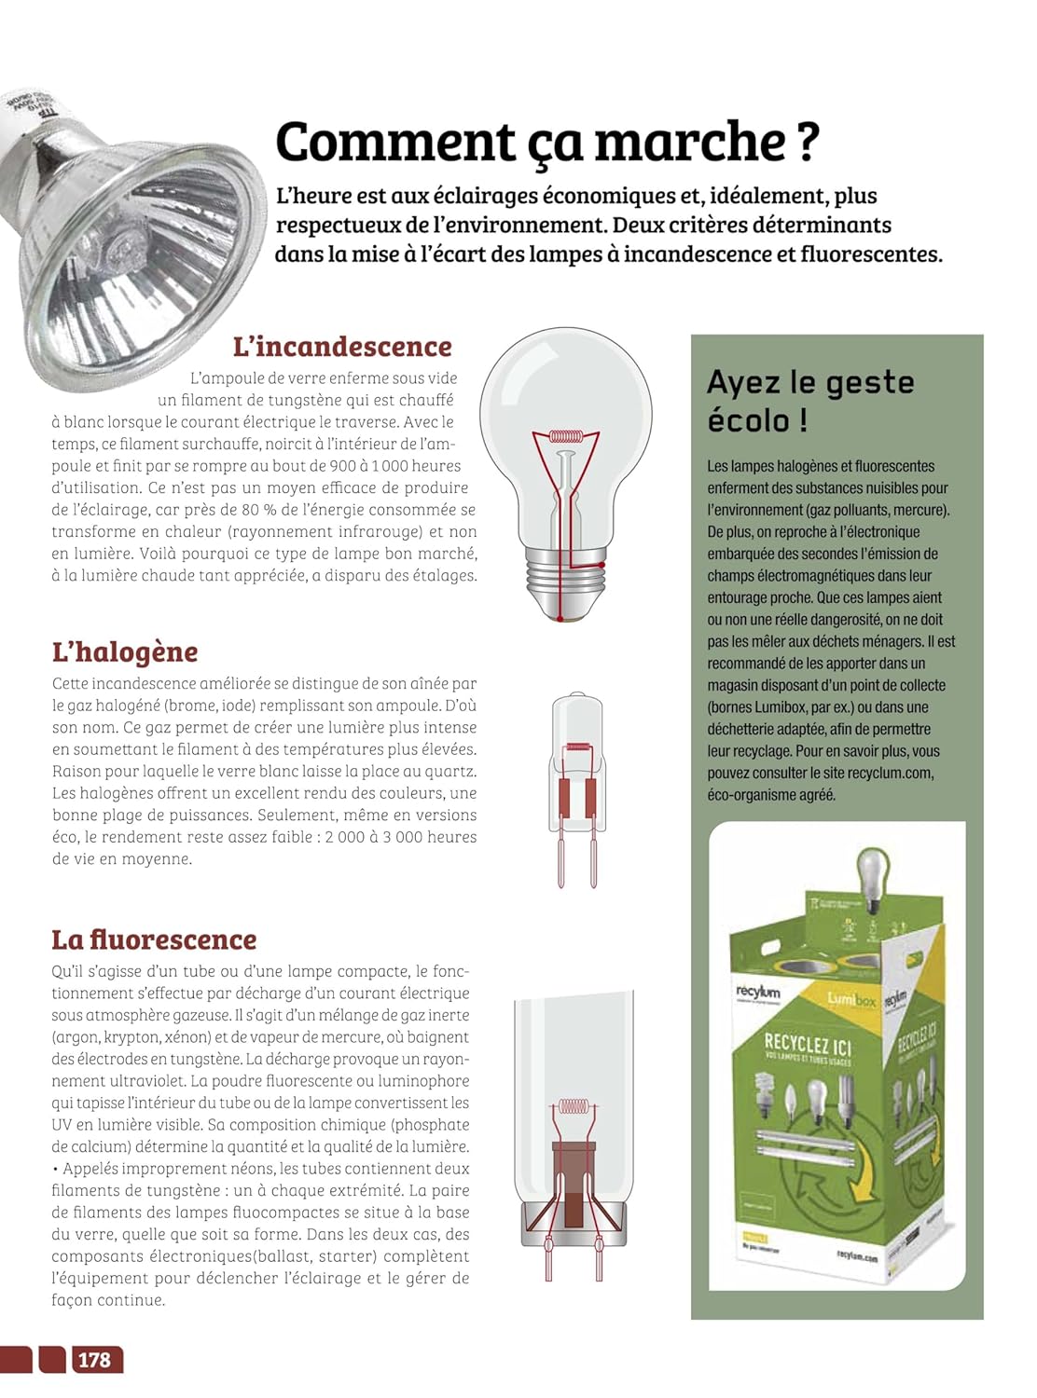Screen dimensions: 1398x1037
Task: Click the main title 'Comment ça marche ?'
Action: coord(546,144)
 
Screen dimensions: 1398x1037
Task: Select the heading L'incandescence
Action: coord(342,347)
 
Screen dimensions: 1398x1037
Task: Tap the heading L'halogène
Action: coord(125,651)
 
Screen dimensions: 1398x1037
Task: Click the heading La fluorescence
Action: coord(154,939)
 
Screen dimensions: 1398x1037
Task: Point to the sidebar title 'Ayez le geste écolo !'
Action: coord(809,400)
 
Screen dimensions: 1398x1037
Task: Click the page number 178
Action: coord(94,1360)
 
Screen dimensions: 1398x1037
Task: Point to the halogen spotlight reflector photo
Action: coord(131,242)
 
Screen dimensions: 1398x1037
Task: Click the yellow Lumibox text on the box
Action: coord(851,999)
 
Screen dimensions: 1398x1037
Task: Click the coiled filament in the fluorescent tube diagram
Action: coord(572,1106)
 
